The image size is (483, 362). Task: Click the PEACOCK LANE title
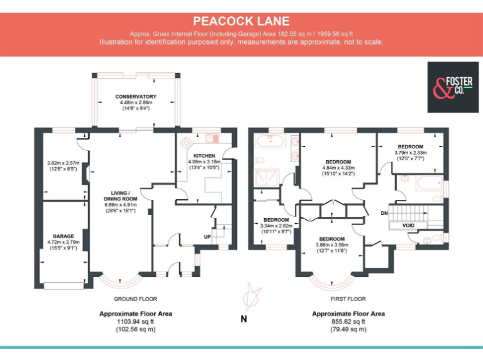point(241,21)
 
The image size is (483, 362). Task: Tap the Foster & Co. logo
point(453,87)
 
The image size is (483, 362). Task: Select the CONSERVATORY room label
point(136,96)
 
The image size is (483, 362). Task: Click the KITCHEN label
point(204,156)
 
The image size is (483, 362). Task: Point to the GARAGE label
point(63,236)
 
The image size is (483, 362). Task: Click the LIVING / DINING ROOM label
point(121,196)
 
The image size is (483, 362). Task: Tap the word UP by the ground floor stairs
point(208,237)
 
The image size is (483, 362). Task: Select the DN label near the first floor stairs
point(384,213)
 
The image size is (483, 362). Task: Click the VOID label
point(408,226)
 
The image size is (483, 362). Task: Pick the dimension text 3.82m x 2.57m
point(63,163)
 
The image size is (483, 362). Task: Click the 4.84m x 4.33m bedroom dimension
point(338,168)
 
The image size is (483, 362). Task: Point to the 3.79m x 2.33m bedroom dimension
point(410,153)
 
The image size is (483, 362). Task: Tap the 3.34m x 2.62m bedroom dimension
point(276,226)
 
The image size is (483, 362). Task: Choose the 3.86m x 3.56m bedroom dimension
point(332,244)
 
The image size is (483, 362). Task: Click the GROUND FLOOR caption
point(135,299)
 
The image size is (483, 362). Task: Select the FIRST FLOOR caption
point(348,299)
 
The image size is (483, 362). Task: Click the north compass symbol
point(252,296)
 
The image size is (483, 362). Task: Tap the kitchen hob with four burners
point(186,142)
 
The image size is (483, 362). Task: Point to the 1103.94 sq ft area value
point(135,322)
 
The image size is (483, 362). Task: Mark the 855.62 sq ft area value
point(348,322)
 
